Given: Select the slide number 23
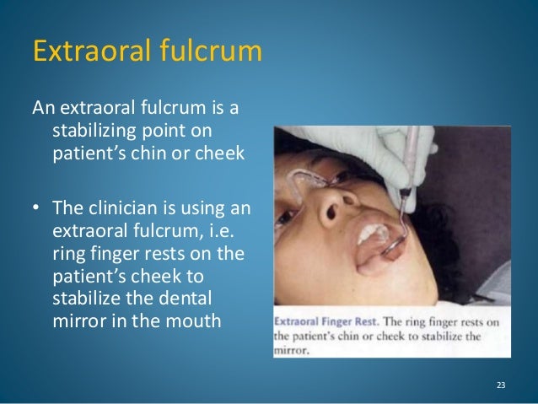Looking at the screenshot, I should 501,386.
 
